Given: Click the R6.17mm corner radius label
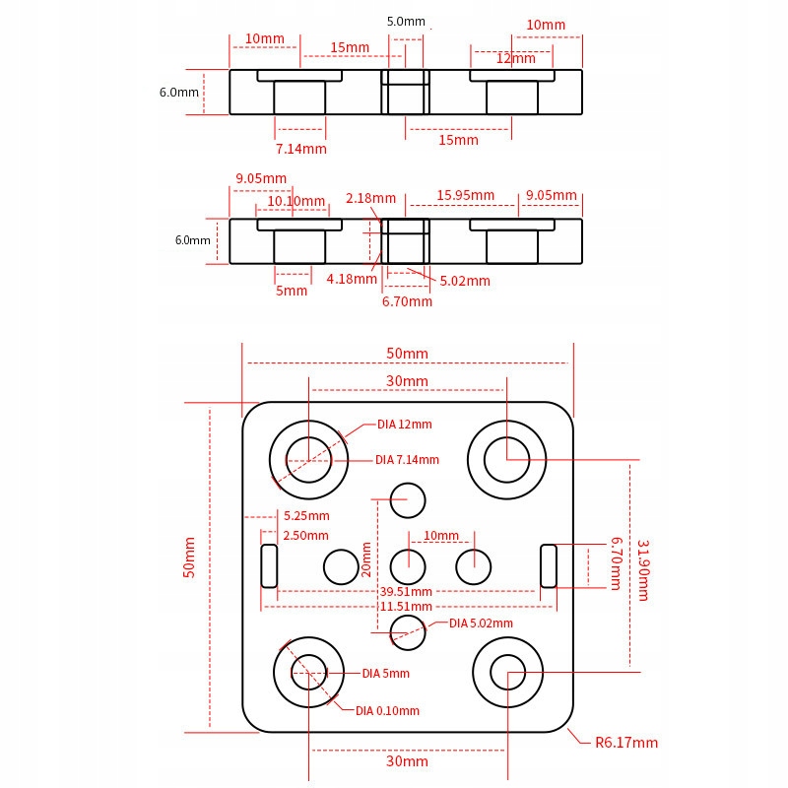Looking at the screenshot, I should pyautogui.click(x=626, y=743).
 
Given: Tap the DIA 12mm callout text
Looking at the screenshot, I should pyautogui.click(x=404, y=425).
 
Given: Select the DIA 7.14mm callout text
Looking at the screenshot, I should pyautogui.click(x=407, y=460).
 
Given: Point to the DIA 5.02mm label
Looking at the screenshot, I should pyautogui.click(x=481, y=623).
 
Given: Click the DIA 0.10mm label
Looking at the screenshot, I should pyautogui.click(x=387, y=710).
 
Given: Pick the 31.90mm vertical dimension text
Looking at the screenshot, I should pyautogui.click(x=643, y=569).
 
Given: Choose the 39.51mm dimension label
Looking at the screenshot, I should pyautogui.click(x=406, y=592).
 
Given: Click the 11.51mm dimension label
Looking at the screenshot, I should pyautogui.click(x=406, y=607).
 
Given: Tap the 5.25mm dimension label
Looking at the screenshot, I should pyautogui.click(x=306, y=515).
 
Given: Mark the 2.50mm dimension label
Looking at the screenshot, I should pyautogui.click(x=306, y=535).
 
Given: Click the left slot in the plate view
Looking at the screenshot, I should pyautogui.click(x=269, y=565).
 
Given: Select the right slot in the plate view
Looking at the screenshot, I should pyautogui.click(x=549, y=565).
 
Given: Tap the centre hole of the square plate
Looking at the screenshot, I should pyautogui.click(x=408, y=566).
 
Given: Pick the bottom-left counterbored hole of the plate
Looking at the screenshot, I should pyautogui.click(x=309, y=672).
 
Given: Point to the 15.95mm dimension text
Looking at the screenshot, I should pyautogui.click(x=465, y=195).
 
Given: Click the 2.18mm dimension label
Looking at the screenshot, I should pyautogui.click(x=370, y=198).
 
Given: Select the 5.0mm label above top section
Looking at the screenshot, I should pyautogui.click(x=406, y=21).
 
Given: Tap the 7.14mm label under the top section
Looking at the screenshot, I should pyautogui.click(x=300, y=149).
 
